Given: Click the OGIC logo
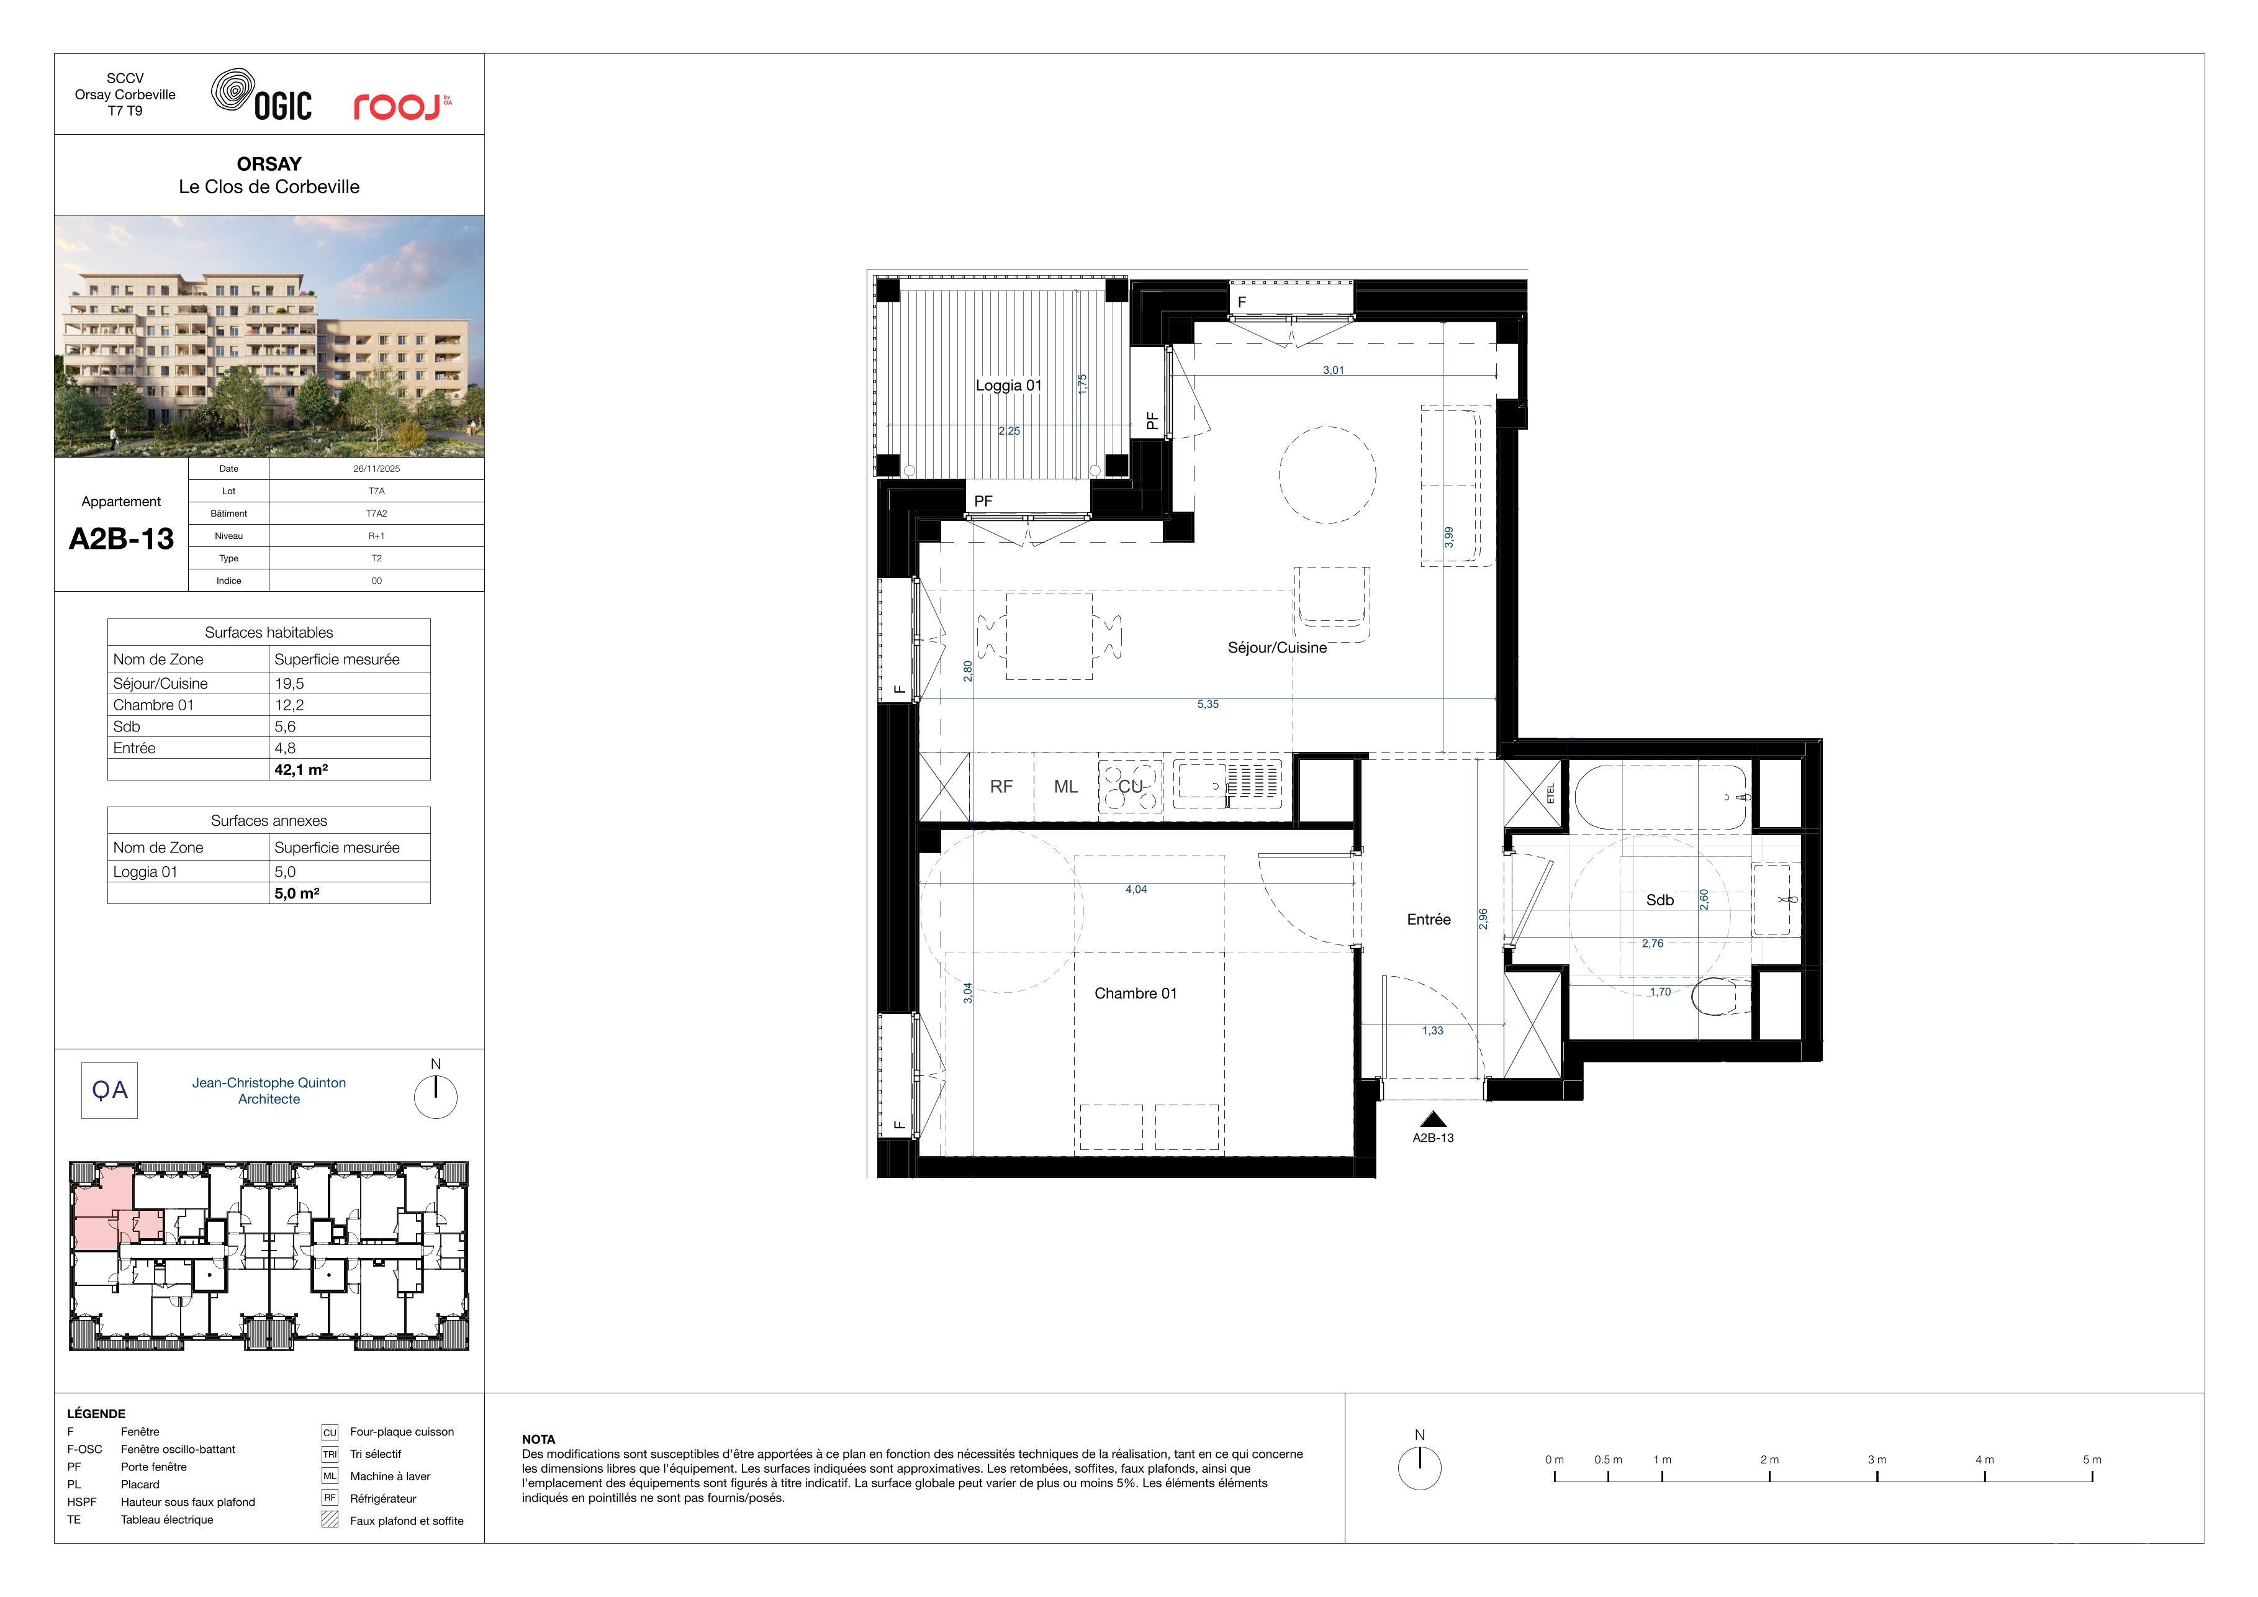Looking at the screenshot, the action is click(261, 94).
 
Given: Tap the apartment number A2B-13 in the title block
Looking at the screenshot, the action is click(121, 539).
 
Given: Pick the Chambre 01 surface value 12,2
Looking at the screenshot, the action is click(289, 705).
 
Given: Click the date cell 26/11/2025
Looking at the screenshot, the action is click(377, 469).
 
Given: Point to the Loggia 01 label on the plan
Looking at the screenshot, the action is click(1008, 386).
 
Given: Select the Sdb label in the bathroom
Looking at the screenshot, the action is click(1660, 900).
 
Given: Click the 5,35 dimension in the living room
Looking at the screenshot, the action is click(1208, 704).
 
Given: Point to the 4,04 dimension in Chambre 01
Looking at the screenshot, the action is click(1136, 889).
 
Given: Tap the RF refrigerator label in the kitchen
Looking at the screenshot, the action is click(1001, 787).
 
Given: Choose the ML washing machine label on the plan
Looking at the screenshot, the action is click(1066, 787).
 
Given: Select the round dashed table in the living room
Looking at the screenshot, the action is click(1327, 474).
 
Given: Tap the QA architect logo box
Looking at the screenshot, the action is click(109, 1090).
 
